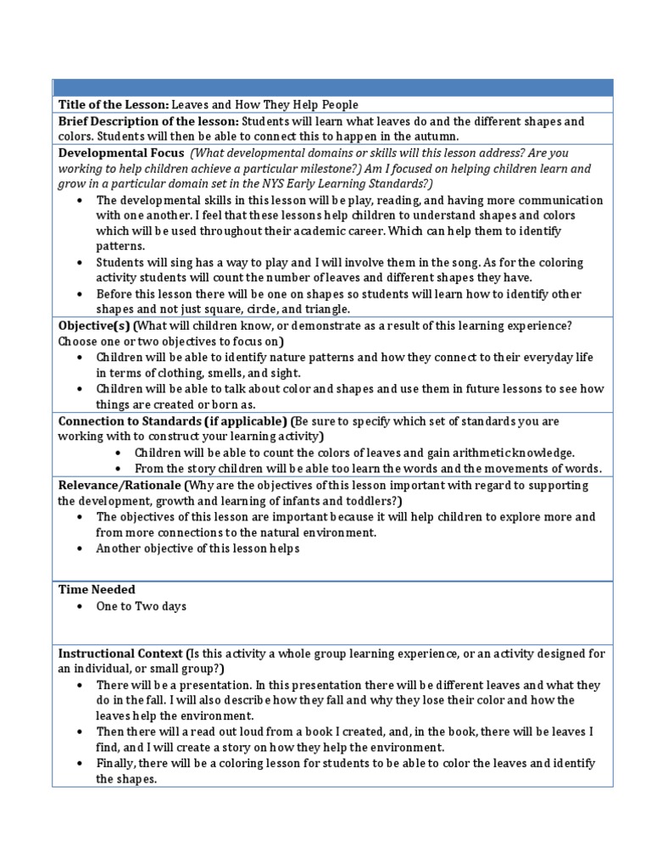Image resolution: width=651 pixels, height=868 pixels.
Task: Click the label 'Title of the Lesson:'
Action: (114, 104)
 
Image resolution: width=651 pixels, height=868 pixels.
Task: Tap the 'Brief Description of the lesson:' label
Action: (148, 122)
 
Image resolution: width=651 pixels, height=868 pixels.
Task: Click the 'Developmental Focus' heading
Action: (120, 153)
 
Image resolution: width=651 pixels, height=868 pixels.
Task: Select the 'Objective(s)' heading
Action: (92, 325)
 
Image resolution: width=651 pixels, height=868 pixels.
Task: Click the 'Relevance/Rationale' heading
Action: (118, 486)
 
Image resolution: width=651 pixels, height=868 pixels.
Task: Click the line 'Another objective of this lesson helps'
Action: (198, 548)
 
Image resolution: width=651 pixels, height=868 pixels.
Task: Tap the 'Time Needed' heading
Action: (97, 589)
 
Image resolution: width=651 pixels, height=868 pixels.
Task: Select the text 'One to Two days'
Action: (141, 607)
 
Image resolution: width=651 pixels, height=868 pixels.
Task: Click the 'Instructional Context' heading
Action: (120, 654)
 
